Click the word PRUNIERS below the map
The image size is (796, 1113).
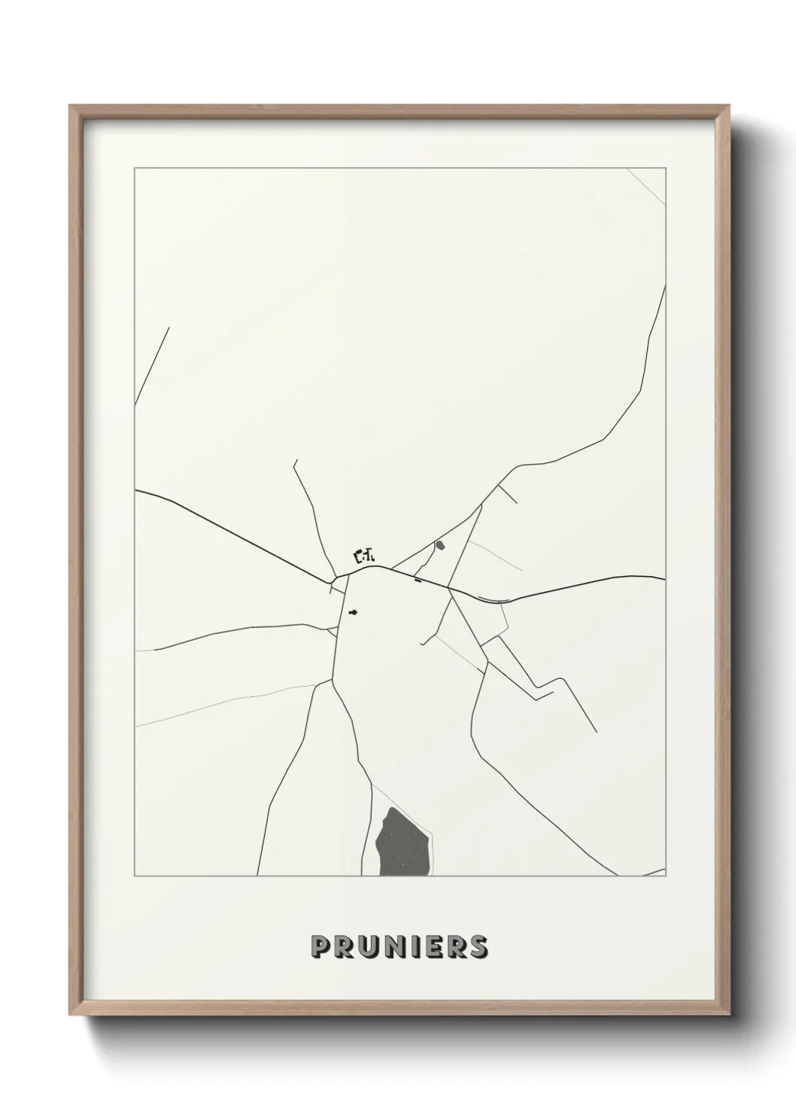coord(399,948)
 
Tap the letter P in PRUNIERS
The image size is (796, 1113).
coord(321,948)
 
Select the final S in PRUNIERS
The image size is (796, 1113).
coord(479,948)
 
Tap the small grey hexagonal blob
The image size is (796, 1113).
coord(439,544)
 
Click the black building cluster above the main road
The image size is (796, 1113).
coord(364,556)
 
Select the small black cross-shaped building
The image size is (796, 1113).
coord(353,612)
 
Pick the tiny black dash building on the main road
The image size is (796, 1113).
coord(418,580)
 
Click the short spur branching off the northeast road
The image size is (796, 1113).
coord(508,493)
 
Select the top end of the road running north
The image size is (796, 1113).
coord(295,462)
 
